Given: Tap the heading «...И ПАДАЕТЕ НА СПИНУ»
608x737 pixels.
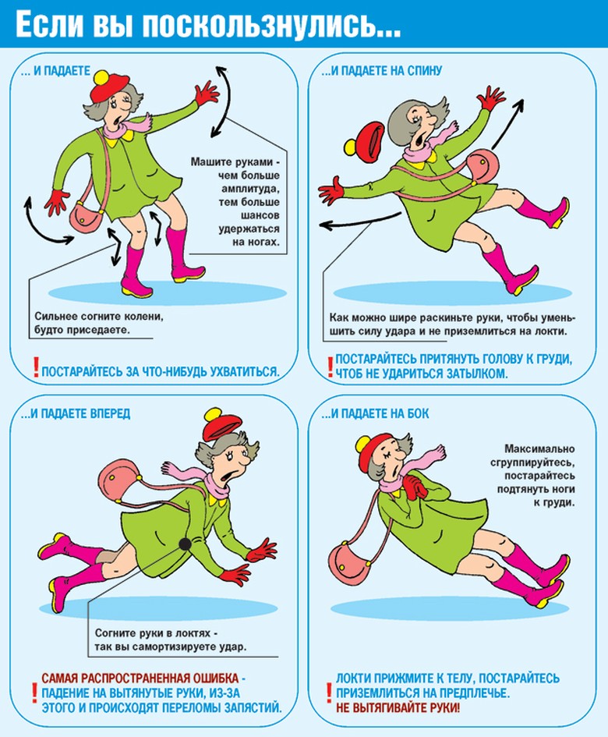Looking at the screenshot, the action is (x=382, y=70).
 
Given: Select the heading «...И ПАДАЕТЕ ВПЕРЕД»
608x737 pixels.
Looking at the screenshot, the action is (x=76, y=413).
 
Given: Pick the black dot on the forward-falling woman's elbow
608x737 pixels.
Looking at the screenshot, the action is (x=185, y=544).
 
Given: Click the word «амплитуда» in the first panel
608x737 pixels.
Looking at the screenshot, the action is (x=251, y=189).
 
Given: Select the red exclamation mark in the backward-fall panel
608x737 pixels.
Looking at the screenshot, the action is (x=330, y=367).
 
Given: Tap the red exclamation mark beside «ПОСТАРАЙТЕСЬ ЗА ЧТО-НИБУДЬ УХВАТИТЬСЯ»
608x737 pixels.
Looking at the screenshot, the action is (x=36, y=367).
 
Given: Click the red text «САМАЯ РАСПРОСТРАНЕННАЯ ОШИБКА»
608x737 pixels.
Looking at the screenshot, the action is (x=140, y=679).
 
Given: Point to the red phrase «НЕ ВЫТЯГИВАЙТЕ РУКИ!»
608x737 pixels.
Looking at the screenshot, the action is (x=398, y=707).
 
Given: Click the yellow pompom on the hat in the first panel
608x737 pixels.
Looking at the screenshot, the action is (x=101, y=77).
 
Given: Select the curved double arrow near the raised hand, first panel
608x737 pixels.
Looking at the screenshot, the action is (x=223, y=101).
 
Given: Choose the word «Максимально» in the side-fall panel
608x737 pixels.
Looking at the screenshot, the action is (x=539, y=449).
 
